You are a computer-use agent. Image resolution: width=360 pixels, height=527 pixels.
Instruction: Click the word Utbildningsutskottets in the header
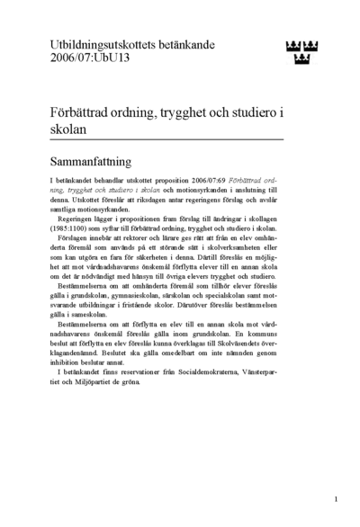point(97,43)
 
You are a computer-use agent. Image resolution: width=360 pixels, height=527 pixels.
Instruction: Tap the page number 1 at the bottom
point(335,499)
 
